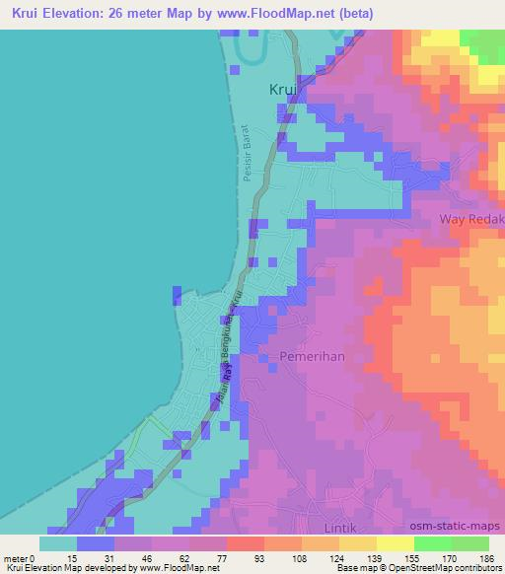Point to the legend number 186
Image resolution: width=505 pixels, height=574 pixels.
click(x=483, y=557)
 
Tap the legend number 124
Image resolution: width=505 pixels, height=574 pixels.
click(x=309, y=557)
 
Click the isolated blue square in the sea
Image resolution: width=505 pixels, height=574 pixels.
click(x=177, y=296)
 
